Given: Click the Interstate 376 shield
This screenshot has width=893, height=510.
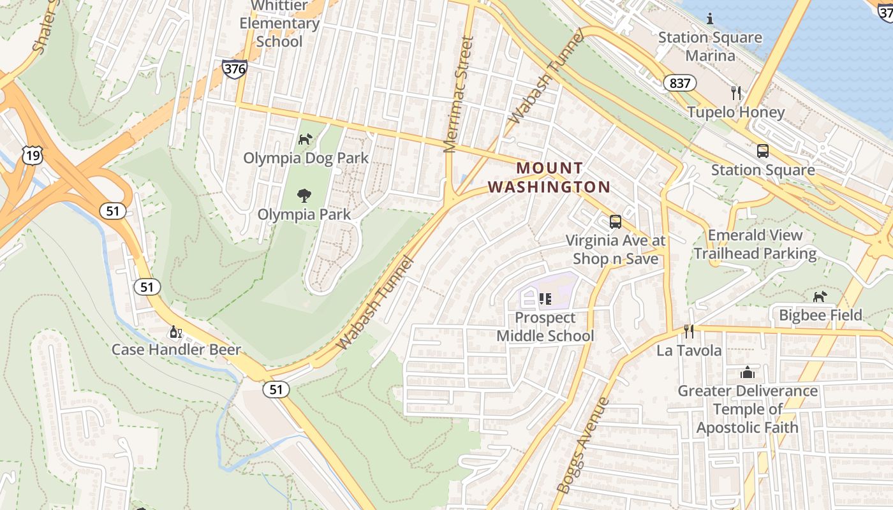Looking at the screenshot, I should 235,69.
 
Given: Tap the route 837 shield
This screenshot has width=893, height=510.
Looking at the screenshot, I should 680,83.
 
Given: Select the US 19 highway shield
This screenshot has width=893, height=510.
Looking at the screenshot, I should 31,154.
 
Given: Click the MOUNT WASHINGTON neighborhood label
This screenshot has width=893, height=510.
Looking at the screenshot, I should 549,177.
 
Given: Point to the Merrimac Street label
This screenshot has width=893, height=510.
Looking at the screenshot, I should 459,94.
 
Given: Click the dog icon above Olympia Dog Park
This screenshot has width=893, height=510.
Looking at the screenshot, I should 306,139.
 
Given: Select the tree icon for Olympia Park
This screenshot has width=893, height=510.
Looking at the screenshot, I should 304,196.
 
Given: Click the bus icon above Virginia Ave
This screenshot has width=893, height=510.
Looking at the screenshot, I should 615,222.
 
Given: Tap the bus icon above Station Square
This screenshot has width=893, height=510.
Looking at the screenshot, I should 762,151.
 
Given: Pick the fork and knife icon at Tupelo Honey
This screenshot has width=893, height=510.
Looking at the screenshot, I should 736,93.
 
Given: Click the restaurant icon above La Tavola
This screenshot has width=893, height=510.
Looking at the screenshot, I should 689,331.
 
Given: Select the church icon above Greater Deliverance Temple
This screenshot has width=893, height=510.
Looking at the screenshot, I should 748,372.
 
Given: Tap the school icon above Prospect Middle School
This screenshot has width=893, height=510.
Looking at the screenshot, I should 545,298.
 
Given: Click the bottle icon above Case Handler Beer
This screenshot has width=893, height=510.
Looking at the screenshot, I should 175,331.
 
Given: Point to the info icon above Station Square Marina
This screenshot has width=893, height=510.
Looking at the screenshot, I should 710,18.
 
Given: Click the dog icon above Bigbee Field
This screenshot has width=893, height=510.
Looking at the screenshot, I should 820,296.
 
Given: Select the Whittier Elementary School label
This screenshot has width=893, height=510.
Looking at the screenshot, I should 279,24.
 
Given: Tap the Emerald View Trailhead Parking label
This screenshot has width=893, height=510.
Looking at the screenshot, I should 755,245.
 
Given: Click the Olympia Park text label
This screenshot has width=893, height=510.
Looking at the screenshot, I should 304,214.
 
